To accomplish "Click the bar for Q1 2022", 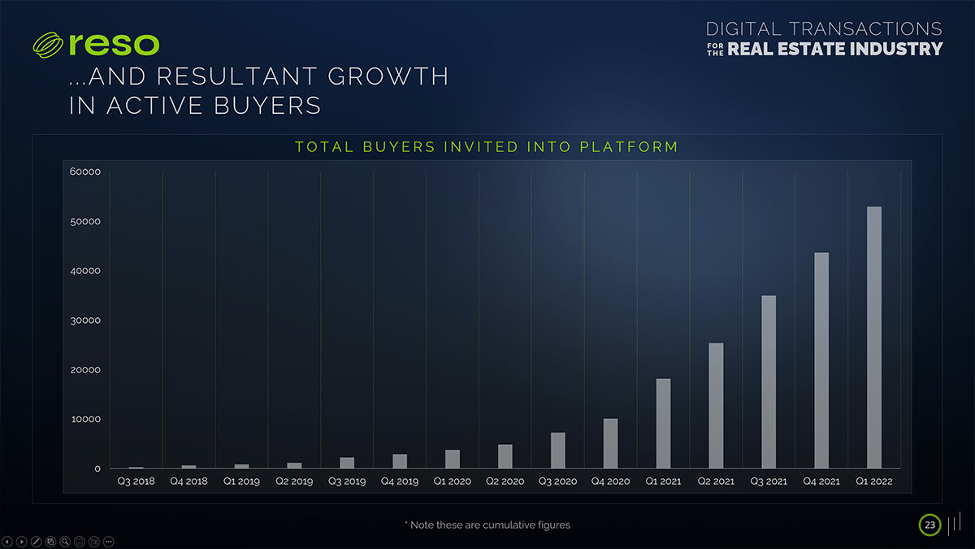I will pyautogui.click(x=873, y=338).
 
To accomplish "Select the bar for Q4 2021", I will pyautogui.click(x=821, y=360).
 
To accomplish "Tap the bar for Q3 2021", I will pyautogui.click(x=769, y=381).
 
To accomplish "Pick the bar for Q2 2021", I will pyautogui.click(x=716, y=405).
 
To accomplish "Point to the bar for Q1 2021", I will pyautogui.click(x=663, y=423).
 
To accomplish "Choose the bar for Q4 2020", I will pyautogui.click(x=610, y=443).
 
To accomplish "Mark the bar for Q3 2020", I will pyautogui.click(x=557, y=450).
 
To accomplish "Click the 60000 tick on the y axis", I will pyautogui.click(x=84, y=172).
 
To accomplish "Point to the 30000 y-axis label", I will pyautogui.click(x=84, y=320).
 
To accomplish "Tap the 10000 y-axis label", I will pyautogui.click(x=84, y=420).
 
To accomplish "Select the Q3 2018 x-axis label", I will pyautogui.click(x=136, y=481).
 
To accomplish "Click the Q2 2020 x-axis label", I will pyautogui.click(x=505, y=481).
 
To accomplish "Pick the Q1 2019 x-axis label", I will pyautogui.click(x=241, y=481).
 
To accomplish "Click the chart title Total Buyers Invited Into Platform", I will pyautogui.click(x=486, y=147).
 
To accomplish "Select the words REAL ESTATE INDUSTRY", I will pyautogui.click(x=835, y=49).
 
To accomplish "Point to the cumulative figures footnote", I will pyautogui.click(x=487, y=525).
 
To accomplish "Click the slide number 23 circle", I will pyautogui.click(x=929, y=525).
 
